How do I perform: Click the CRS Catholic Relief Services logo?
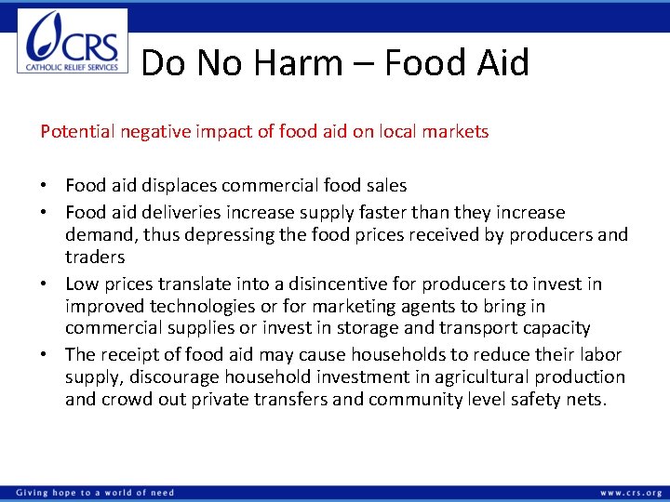[73, 42]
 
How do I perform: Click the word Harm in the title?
[299, 63]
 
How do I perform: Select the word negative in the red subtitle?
[157, 132]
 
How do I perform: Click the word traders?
[95, 258]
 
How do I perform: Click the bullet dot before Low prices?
[45, 284]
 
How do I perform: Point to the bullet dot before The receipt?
[45, 354]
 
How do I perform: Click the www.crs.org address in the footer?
[631, 493]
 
